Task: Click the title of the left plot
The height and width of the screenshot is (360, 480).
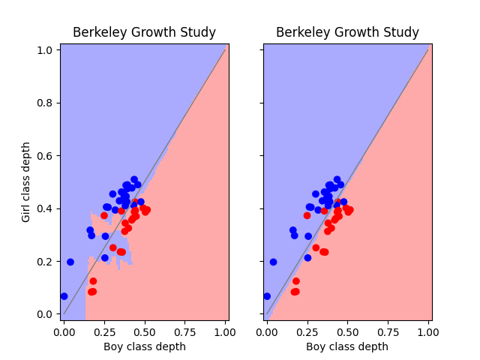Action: [x=144, y=33]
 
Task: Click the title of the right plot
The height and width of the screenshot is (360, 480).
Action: [x=347, y=33]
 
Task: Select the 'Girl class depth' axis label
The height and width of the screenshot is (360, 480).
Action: [x=26, y=181]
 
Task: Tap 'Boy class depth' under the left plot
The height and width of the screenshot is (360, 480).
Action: [x=144, y=346]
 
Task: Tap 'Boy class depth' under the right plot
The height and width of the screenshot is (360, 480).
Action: [x=347, y=346]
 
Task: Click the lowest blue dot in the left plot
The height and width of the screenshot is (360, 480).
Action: [x=64, y=296]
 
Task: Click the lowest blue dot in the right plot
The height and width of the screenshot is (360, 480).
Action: [x=267, y=296]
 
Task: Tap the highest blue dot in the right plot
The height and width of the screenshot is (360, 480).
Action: [x=337, y=180]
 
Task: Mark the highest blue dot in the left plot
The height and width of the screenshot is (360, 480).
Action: [x=134, y=180]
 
